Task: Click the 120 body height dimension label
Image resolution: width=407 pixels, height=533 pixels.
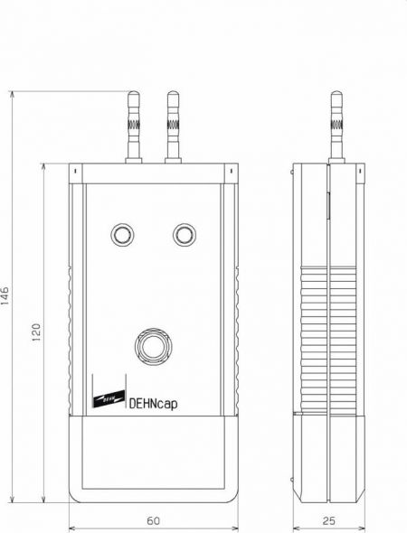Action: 36,332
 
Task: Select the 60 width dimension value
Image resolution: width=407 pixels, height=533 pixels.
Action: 154,520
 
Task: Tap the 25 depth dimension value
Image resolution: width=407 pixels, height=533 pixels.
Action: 329,520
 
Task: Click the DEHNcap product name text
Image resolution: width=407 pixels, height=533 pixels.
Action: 153,404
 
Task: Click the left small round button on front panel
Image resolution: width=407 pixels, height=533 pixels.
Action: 122,235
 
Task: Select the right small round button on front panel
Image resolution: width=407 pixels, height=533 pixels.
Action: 185,235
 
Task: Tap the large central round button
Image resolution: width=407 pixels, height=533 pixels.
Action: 153,346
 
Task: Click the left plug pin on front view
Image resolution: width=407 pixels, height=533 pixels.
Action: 133,126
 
